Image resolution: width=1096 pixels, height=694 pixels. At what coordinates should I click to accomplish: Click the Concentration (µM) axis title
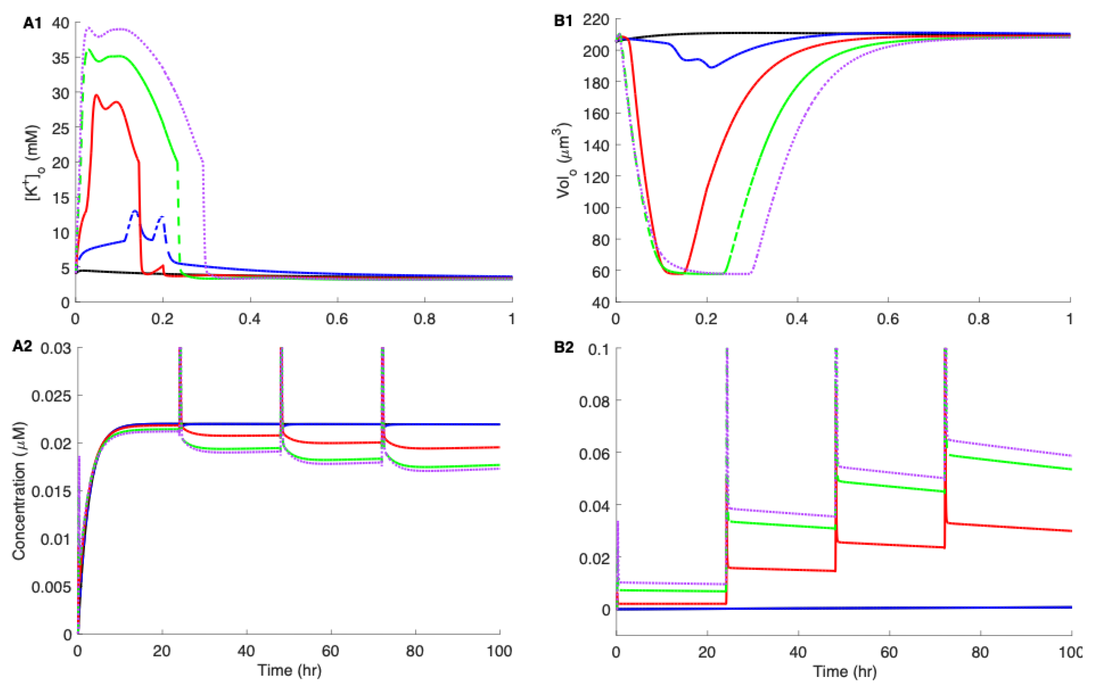[x=19, y=491]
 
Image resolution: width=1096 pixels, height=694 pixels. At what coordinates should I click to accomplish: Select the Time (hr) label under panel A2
[x=289, y=670]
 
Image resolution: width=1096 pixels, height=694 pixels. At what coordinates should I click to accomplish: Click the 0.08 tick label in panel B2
[x=594, y=401]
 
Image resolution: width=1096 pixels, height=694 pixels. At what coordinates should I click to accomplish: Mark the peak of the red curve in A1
[x=96, y=95]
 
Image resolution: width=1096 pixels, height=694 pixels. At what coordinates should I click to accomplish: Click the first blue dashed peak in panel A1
[x=135, y=211]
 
